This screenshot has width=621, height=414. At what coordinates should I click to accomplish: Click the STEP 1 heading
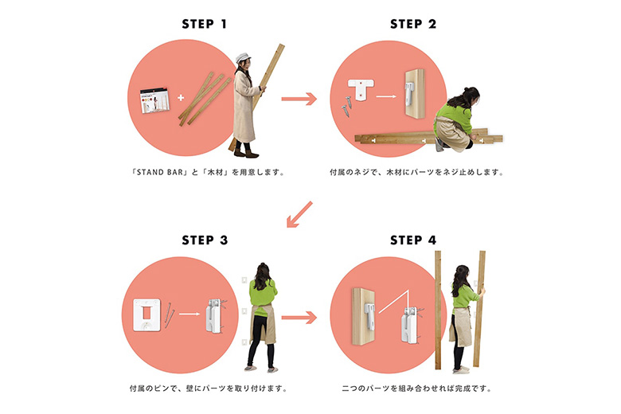click(x=205, y=24)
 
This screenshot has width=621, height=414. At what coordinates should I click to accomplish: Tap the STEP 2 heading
click(x=413, y=24)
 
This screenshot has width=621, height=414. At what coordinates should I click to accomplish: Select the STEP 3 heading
click(x=205, y=240)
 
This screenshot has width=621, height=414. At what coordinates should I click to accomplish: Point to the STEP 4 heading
click(x=413, y=240)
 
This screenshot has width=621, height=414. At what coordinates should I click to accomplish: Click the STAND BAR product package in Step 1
click(x=154, y=100)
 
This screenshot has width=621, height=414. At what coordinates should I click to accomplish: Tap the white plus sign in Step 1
click(x=181, y=97)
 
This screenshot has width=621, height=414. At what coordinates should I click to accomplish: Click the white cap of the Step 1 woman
click(x=242, y=58)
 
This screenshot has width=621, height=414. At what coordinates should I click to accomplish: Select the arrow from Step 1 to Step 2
click(x=299, y=99)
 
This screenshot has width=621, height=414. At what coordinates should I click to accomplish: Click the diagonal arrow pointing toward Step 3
click(x=299, y=214)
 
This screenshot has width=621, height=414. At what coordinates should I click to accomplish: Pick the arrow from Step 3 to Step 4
click(x=299, y=318)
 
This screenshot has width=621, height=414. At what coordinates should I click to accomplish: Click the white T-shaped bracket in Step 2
click(x=361, y=89)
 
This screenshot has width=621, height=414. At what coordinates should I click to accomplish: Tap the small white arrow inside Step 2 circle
click(x=386, y=96)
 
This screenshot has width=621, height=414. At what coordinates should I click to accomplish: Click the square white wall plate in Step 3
click(x=147, y=315)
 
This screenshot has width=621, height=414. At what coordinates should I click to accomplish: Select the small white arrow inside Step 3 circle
click(x=189, y=314)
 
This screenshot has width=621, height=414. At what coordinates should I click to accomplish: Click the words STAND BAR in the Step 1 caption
click(x=160, y=172)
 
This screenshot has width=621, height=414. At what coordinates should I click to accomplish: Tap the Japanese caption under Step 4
click(x=416, y=389)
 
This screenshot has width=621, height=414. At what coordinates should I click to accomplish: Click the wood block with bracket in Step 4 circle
click(x=364, y=316)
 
